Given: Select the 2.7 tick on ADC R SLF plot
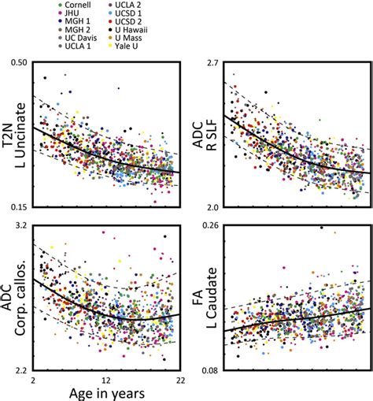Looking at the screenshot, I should coord(215,63).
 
